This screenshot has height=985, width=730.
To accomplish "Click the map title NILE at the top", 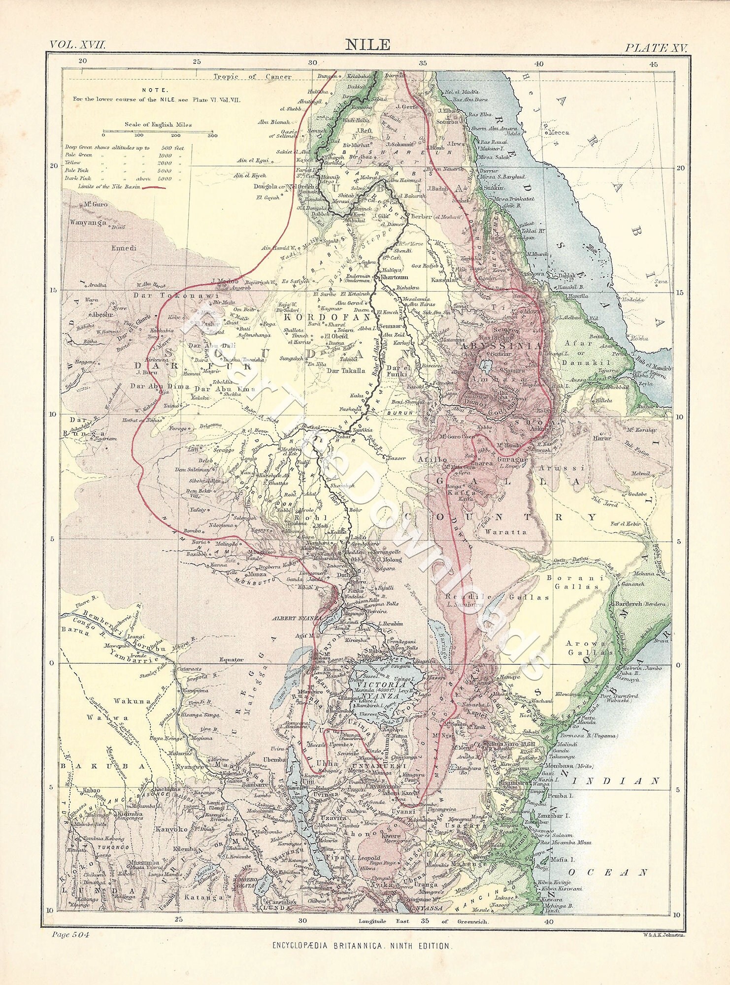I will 367,45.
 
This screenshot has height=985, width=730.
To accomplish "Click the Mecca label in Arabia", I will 558,132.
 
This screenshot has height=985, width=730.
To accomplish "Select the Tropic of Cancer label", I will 252,76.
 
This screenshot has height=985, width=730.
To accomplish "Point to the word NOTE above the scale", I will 155,90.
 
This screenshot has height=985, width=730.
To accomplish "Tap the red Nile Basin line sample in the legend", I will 153,187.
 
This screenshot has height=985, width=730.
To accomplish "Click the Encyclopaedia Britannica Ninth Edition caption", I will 361,946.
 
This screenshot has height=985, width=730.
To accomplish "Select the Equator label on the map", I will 232,659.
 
